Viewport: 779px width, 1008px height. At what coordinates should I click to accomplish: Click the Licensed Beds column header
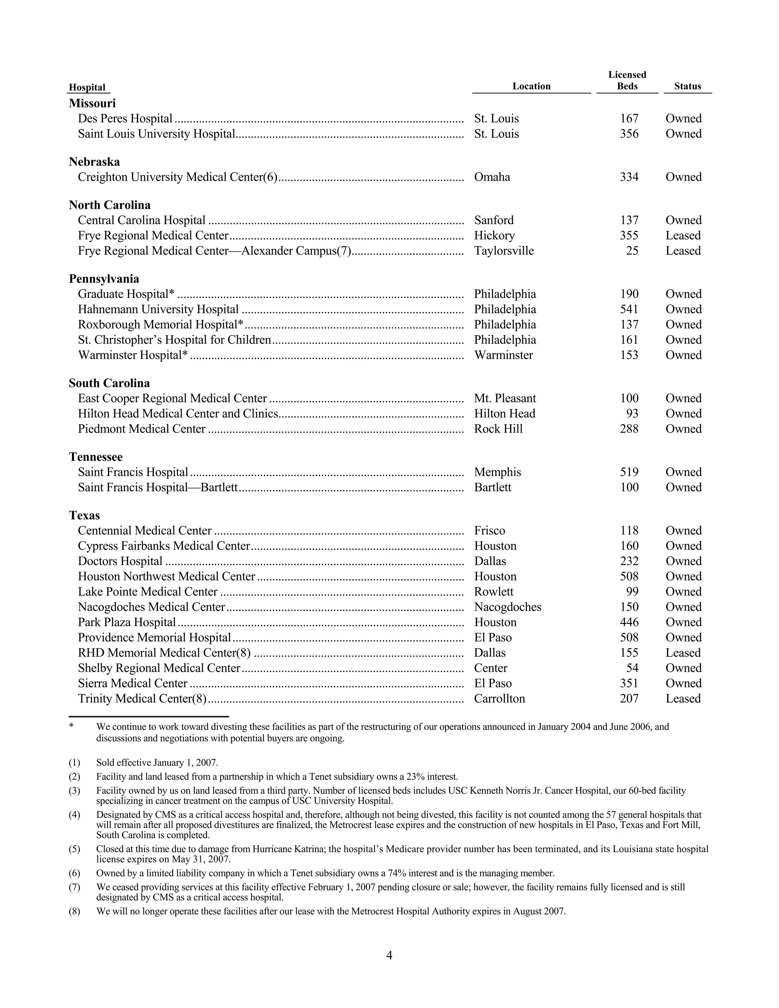point(627,81)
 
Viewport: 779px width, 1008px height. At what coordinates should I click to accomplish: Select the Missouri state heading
point(92,103)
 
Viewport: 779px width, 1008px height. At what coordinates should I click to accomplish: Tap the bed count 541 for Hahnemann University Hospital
point(629,309)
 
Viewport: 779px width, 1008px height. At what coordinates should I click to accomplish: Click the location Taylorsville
point(504,251)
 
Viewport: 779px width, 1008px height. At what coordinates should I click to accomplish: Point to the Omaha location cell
point(492,177)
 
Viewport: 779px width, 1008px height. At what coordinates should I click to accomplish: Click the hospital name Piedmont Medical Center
point(141,429)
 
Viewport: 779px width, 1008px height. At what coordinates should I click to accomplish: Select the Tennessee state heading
point(95,457)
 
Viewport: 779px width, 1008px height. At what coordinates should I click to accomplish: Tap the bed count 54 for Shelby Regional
point(632,668)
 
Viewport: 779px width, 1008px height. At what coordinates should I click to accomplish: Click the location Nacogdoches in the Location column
point(507,607)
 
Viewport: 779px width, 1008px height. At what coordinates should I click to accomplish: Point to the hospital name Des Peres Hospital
point(125,119)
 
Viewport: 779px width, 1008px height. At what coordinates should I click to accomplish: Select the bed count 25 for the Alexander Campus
point(632,251)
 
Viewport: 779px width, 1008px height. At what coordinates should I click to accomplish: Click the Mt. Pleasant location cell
point(505,399)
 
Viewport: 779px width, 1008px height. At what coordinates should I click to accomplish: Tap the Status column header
point(687,86)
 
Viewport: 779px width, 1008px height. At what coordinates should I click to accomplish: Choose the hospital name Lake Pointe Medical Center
point(147,592)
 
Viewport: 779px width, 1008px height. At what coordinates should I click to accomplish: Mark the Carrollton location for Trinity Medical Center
point(499,699)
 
